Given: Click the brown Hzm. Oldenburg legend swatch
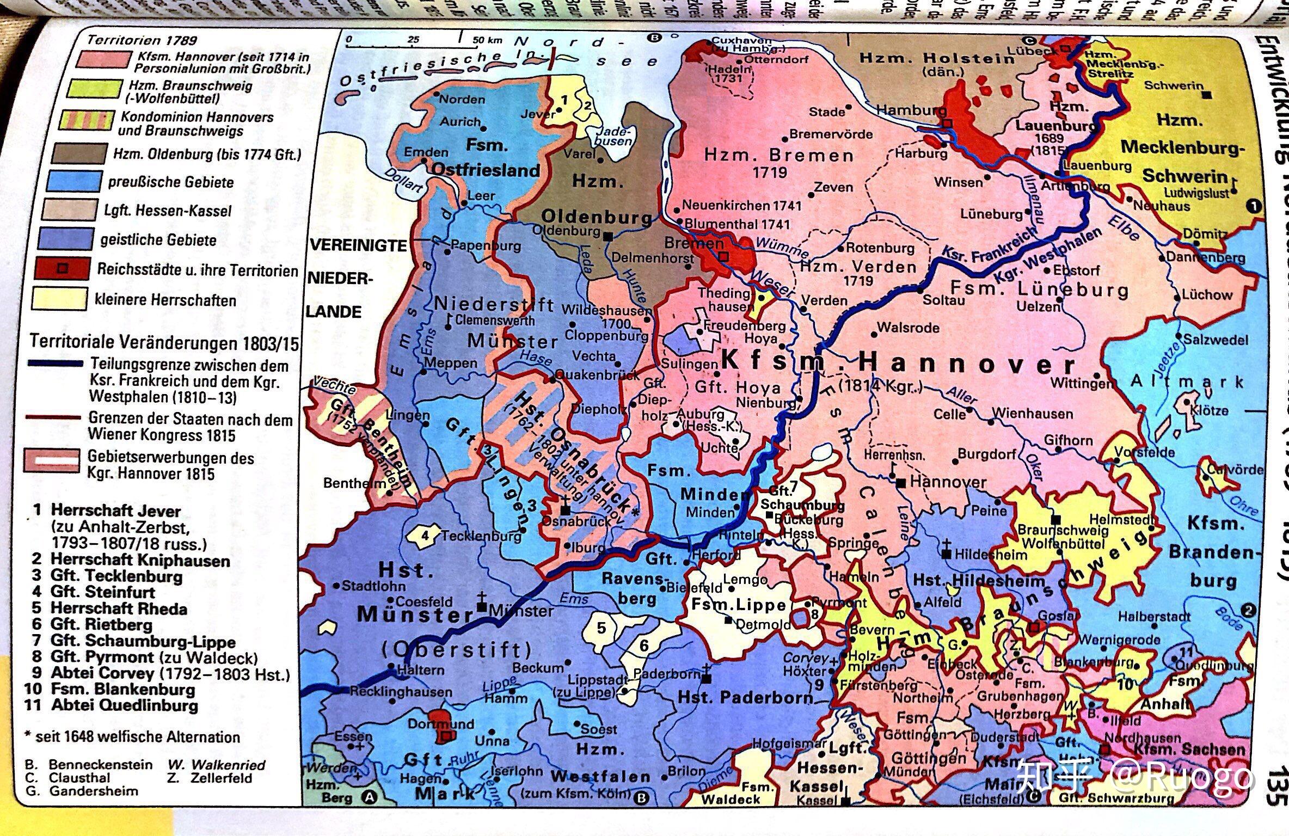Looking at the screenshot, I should [x=79, y=153].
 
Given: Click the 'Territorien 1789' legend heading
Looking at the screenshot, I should [x=142, y=40].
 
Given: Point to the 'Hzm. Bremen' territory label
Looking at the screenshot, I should [x=778, y=156].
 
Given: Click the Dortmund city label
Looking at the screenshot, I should [x=441, y=724].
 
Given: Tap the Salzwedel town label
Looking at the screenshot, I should [x=1216, y=340].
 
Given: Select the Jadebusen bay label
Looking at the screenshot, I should [x=614, y=136].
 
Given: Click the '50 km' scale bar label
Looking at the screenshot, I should [x=487, y=40].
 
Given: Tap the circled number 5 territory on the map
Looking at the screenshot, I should [x=601, y=628].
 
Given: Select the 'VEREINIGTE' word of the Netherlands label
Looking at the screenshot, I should [x=358, y=245].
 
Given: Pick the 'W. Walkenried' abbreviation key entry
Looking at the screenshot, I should [x=216, y=765].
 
